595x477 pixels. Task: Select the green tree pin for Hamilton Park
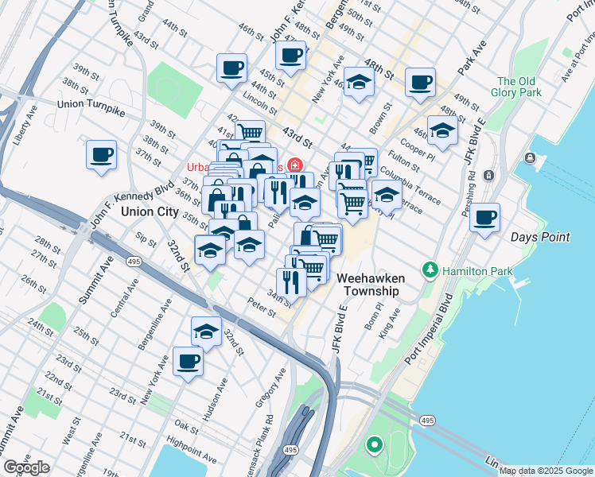point(430,270)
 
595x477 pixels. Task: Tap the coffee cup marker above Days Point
point(484,217)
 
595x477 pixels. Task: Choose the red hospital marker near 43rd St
point(295,165)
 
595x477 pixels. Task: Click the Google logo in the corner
point(26,467)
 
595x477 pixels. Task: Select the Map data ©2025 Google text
point(546,471)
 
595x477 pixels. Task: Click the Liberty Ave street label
point(21,125)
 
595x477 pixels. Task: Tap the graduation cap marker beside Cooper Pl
point(442,130)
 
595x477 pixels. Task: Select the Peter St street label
point(261,304)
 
